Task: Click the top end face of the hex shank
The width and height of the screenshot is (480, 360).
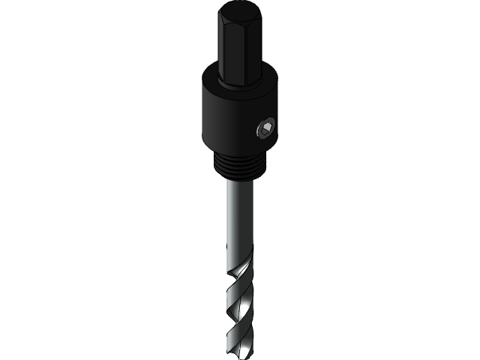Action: point(240,12)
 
